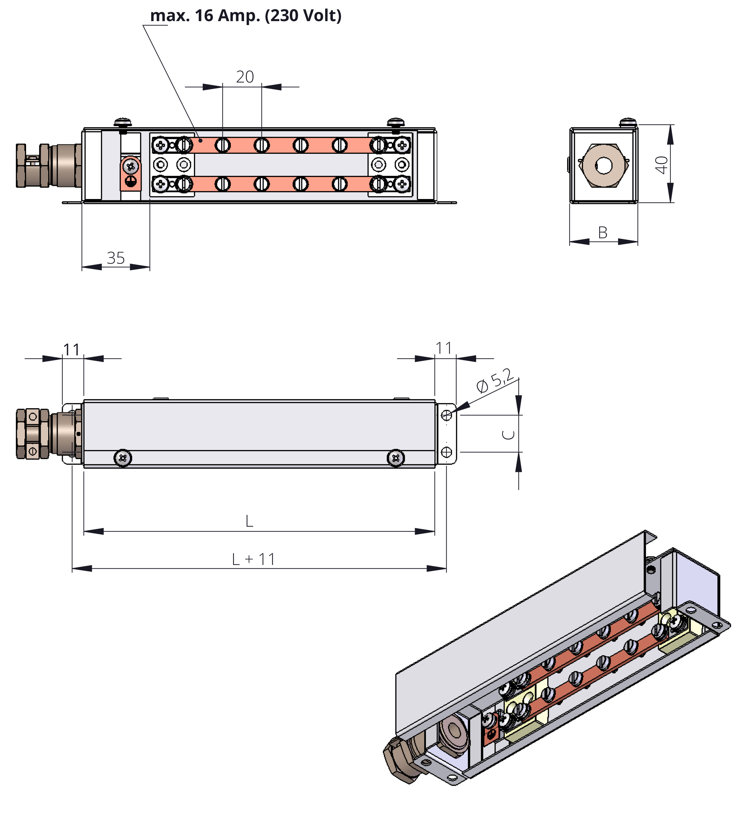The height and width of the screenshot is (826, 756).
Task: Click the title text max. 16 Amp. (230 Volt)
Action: (246, 16)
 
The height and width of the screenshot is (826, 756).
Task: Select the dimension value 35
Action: (116, 258)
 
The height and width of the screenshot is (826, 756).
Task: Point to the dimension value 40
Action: (661, 165)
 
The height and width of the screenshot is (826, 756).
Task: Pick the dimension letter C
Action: (508, 434)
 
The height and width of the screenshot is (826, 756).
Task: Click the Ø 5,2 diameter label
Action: (495, 380)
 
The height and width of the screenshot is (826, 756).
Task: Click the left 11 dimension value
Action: (71, 350)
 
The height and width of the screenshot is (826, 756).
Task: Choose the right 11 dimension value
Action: (444, 348)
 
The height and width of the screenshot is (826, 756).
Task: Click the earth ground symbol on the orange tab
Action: (130, 182)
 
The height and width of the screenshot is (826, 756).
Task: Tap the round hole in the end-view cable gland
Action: (603, 166)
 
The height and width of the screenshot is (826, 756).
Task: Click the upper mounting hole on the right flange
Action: (446, 415)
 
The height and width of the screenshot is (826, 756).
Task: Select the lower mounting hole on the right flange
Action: (446, 452)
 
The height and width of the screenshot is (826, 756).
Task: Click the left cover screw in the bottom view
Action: (122, 458)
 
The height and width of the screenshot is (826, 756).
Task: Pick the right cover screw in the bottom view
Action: (395, 458)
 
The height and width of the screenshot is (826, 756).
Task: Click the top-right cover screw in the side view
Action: (395, 122)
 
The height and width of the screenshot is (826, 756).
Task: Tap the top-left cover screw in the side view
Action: (123, 122)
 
